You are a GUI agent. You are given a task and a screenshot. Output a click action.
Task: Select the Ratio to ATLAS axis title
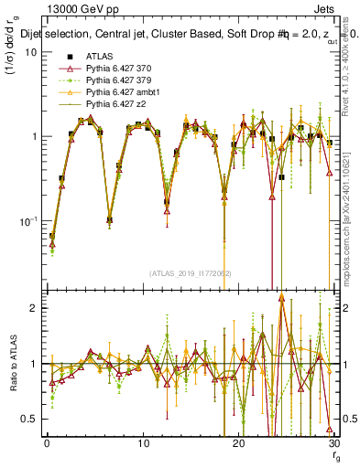(13, 364)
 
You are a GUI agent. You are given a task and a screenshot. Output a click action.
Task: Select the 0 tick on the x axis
(47, 443)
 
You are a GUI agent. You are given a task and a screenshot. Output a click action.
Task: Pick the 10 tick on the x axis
(143, 443)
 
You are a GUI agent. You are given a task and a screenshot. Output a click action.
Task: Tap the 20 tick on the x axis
(238, 443)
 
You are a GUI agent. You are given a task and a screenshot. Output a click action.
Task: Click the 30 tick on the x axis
(333, 443)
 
